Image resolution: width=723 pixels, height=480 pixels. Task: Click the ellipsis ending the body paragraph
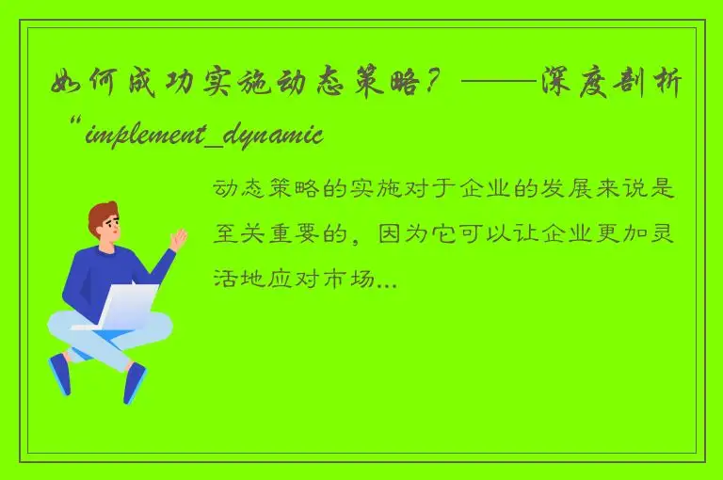387,280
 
